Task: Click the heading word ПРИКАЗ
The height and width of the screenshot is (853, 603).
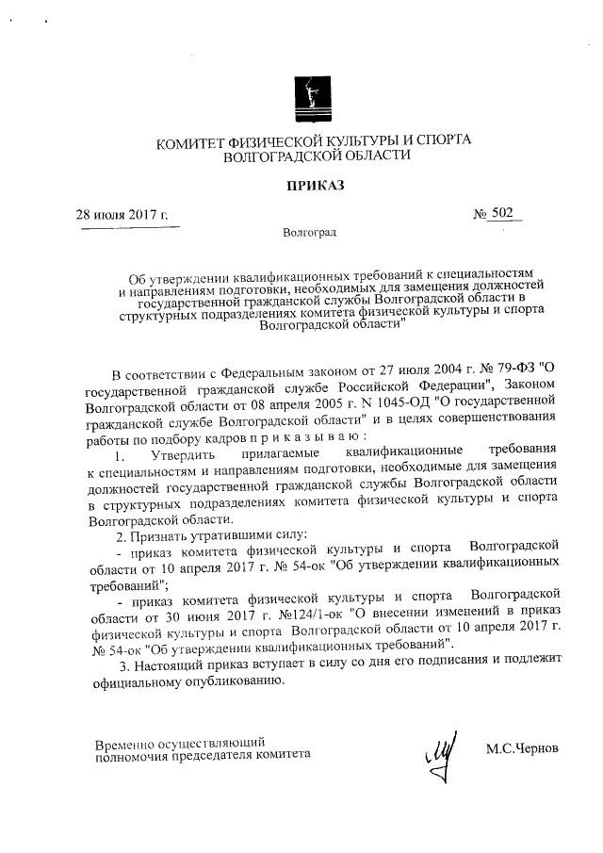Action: (315, 186)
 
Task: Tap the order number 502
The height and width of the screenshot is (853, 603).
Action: (501, 214)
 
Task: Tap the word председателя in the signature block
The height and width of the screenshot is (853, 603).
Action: (222, 755)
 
